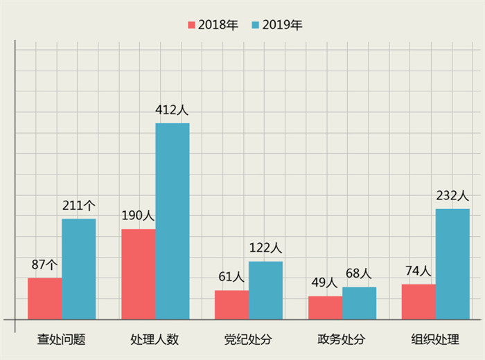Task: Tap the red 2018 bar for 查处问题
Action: point(45,298)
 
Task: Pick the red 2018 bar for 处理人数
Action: point(139,274)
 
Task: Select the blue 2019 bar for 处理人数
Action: point(173,221)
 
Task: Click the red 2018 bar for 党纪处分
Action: point(232,305)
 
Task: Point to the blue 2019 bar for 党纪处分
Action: point(266,290)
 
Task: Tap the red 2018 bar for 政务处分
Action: point(326,307)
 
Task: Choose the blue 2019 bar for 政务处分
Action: point(360,303)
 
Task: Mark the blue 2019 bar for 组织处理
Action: point(452,264)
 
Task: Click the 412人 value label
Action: point(173,109)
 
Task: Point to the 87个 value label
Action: point(45,264)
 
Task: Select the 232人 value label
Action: point(452,196)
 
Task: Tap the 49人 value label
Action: point(324,282)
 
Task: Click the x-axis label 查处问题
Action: point(62,340)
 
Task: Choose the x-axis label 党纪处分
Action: point(248,340)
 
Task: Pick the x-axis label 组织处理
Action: point(435,340)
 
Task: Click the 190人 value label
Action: point(137,215)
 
